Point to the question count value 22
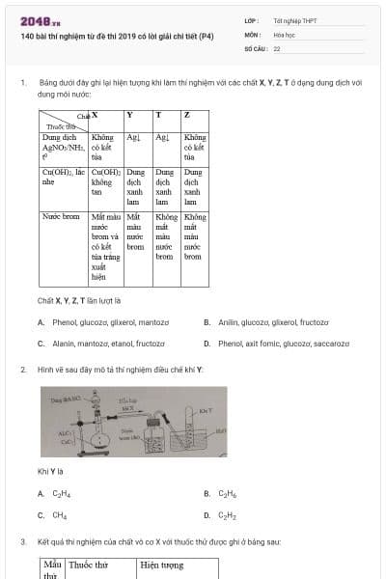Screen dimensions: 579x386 pyautogui.click(x=277, y=47)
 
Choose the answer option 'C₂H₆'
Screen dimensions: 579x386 pyautogui.click(x=227, y=494)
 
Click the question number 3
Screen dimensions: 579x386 pyautogui.click(x=22, y=542)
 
